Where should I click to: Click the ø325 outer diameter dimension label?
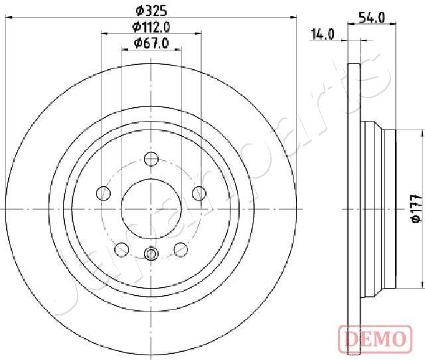(151, 11)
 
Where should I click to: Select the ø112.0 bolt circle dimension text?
(151, 27)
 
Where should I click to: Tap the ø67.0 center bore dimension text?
(151, 43)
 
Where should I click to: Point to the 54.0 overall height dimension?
(371, 18)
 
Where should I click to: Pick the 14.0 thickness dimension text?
(323, 35)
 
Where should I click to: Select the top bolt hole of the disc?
(151, 159)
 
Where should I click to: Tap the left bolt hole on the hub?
(104, 193)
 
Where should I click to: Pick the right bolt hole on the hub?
(199, 193)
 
